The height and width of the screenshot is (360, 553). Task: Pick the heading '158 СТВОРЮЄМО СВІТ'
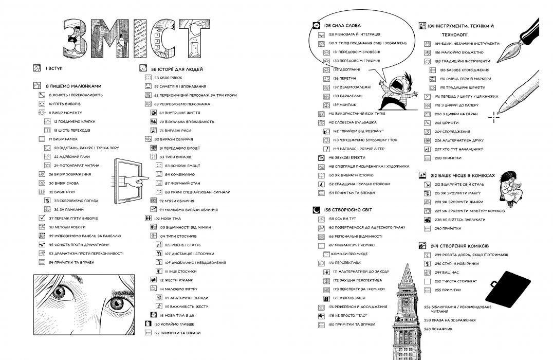click(x=348, y=210)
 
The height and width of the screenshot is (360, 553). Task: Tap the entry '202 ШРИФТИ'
click(x=445, y=123)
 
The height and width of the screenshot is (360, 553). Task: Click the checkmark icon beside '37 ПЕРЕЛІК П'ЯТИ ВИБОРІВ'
click(x=43, y=218)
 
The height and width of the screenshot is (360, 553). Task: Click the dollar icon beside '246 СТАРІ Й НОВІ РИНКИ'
click(x=427, y=263)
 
